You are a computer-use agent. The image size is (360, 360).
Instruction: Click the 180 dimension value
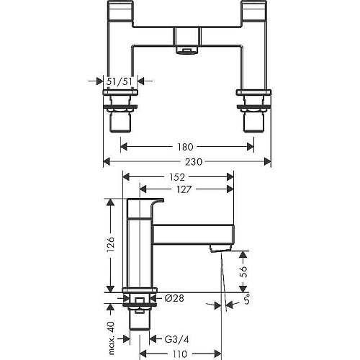tap(185, 147)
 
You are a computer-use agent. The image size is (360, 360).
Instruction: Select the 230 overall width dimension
tap(194, 162)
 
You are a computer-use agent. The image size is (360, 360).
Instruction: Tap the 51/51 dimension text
tap(120, 81)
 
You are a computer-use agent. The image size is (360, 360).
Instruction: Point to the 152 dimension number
tap(178, 177)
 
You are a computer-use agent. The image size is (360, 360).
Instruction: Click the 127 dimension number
tap(184, 189)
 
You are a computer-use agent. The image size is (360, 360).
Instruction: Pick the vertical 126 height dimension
tap(111, 245)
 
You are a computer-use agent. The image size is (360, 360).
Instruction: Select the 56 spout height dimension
tap(243, 271)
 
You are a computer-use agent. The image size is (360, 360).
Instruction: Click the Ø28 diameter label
tap(174, 298)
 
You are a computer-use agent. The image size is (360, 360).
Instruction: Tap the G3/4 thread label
tap(177, 339)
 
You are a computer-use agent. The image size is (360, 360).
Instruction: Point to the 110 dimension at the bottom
tap(179, 354)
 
